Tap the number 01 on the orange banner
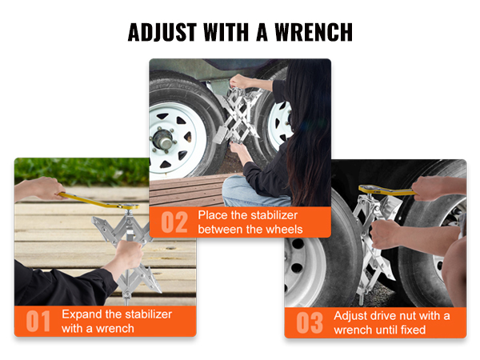click(38, 321)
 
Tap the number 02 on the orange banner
click(174, 222)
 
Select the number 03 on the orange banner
click(310, 322)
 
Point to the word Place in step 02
click(214, 216)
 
